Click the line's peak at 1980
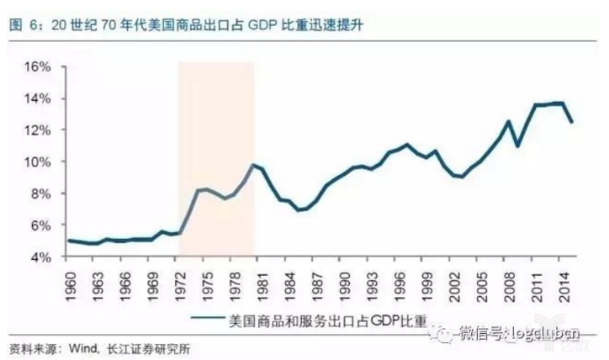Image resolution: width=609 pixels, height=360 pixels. [252, 164]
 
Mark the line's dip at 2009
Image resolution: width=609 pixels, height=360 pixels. [516, 146]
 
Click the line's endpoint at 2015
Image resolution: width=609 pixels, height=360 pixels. [572, 122]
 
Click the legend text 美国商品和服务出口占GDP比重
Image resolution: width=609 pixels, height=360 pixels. [326, 319]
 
